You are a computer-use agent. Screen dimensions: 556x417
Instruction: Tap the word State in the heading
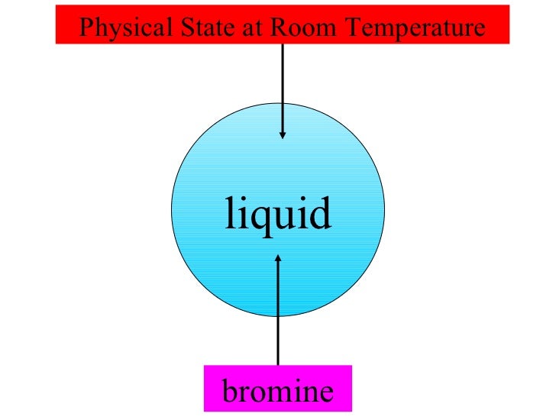[x=197, y=29]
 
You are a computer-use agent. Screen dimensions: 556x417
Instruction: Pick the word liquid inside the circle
[x=278, y=215]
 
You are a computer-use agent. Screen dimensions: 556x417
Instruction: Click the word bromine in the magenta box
[x=278, y=391]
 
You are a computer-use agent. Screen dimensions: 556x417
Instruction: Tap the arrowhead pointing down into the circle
[x=283, y=134]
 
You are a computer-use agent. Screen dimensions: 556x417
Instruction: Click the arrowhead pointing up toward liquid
[x=278, y=260]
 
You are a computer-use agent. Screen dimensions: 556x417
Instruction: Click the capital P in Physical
[x=86, y=29]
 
